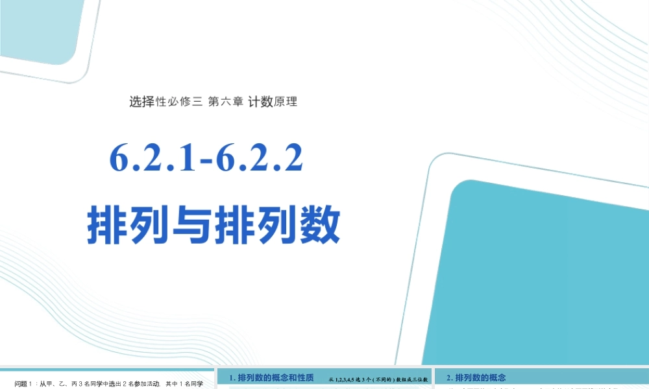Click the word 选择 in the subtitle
[x=141, y=101]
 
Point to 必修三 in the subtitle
[x=185, y=101]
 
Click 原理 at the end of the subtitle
[x=286, y=101]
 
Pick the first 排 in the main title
[x=108, y=226]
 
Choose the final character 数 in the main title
[x=319, y=226]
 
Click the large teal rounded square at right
[x=545, y=272]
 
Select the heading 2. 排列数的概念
[x=476, y=377]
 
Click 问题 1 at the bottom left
[x=25, y=384]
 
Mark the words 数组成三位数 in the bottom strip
[x=411, y=378]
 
